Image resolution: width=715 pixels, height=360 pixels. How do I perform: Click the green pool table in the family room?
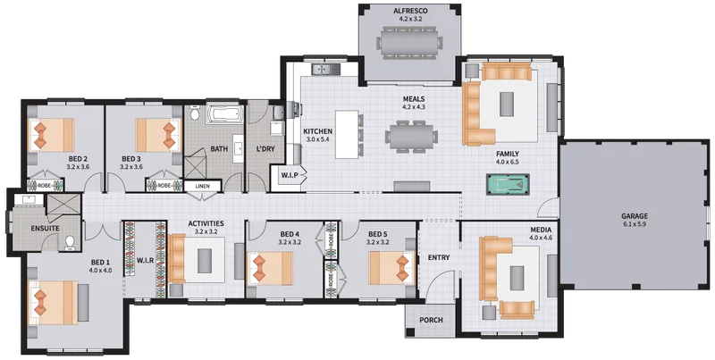click(506, 184)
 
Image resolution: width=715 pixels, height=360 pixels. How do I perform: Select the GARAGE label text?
click(635, 216)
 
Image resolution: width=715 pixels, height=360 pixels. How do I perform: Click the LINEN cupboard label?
click(203, 187)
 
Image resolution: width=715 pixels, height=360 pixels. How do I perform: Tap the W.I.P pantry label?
click(289, 175)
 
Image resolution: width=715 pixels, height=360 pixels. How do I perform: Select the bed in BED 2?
click(52, 135)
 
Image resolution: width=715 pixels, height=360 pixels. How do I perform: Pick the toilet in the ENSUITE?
click(71, 243)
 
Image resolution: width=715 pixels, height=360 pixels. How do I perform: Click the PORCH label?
click(431, 320)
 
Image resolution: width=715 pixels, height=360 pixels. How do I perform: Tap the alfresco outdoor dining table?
click(409, 43)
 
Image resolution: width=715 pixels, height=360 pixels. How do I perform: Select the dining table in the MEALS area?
click(411, 137)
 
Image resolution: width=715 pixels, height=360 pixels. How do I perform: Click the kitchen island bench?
click(347, 134)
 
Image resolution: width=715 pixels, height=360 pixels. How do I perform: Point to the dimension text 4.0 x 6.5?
click(508, 162)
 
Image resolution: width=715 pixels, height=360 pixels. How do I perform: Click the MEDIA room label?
click(541, 230)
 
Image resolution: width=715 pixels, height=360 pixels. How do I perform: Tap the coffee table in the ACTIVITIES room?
click(205, 261)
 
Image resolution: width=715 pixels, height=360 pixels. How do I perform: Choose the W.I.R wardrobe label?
click(145, 260)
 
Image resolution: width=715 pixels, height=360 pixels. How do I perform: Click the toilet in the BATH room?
click(194, 113)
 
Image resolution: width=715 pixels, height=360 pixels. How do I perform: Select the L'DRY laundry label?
click(265, 148)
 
